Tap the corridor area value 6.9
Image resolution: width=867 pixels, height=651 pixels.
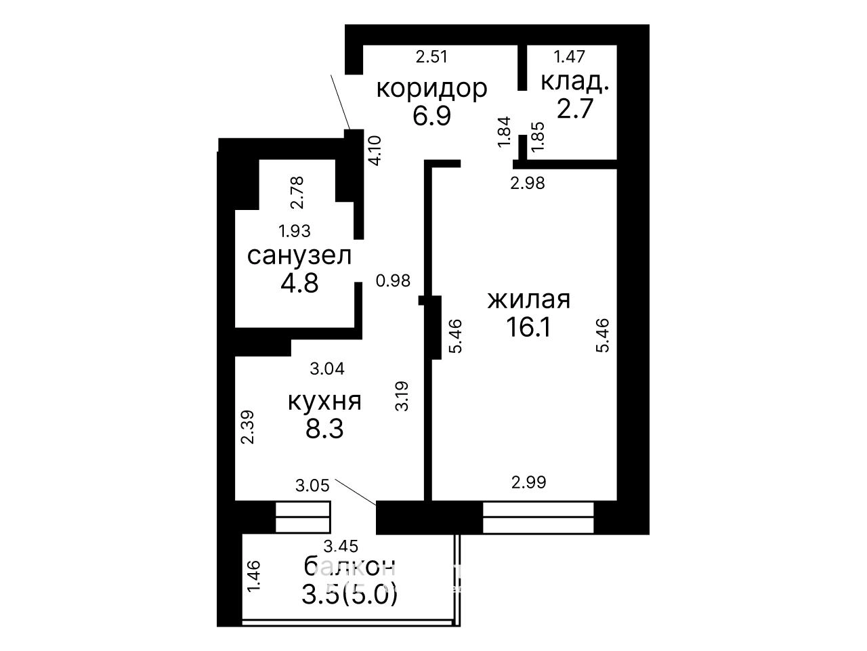pos(431,116)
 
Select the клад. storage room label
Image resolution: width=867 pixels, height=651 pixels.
pos(574,83)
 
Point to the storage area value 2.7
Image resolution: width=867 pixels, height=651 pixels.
pos(575,108)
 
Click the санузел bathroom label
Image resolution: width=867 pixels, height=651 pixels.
pos(299,255)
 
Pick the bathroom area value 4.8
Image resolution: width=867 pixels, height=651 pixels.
pos(299,283)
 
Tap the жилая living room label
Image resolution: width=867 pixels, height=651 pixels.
pos(529,300)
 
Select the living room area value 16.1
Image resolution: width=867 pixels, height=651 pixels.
pos(528,327)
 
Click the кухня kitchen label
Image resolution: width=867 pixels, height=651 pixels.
pos(324,402)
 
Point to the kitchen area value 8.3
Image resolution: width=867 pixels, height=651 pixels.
pos(324,429)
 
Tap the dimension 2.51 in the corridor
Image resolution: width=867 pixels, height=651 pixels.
pos(431,56)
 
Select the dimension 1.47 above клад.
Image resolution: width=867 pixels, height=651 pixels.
pos(569,56)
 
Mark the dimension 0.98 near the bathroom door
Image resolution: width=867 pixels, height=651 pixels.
pos(393,281)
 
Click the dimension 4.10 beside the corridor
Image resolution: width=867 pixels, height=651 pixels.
pos(375,151)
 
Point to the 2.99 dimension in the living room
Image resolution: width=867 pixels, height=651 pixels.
pos(528,482)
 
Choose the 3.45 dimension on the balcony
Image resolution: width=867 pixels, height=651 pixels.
pos(341,547)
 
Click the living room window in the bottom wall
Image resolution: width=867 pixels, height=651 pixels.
pos(538,518)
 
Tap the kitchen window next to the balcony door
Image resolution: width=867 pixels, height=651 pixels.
pos(303,518)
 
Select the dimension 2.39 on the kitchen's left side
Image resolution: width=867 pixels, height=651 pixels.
pos(248,427)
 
